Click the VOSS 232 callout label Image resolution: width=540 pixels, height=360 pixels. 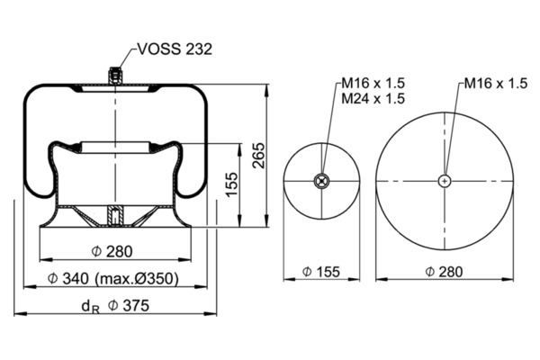coord(175,49)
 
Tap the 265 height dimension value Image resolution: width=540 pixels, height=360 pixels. coord(259,156)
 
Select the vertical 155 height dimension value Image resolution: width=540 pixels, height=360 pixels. coord(232,184)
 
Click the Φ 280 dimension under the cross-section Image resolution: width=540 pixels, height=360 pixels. coord(112,251)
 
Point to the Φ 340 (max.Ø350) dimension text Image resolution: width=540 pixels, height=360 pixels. coord(113,278)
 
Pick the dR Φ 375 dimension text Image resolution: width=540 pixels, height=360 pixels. coord(115,306)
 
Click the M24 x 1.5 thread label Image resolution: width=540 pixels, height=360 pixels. coord(373,99)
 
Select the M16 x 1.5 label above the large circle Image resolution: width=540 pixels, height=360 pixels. coord(496,84)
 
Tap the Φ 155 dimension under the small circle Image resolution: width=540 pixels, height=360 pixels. coord(321,272)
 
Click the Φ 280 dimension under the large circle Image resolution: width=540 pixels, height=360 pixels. coord(444,272)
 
